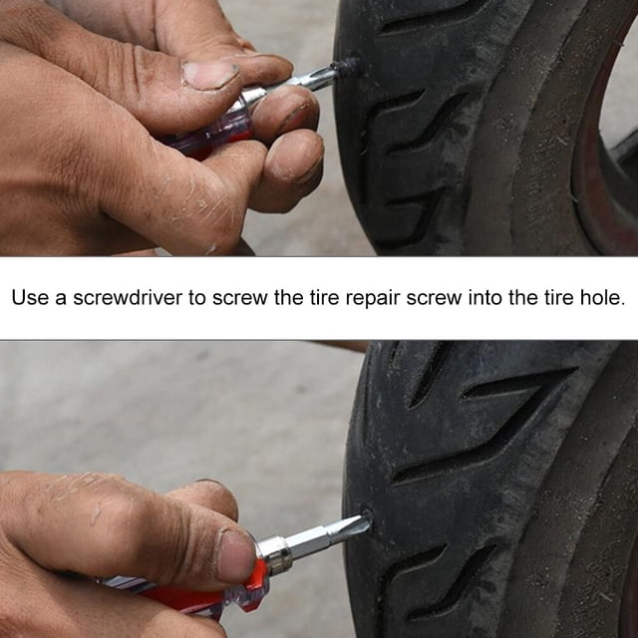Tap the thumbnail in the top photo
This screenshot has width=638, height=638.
click(x=209, y=74)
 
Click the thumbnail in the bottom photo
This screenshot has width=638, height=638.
click(x=237, y=556)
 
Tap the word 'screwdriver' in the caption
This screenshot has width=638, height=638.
click(x=128, y=298)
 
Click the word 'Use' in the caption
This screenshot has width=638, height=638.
click(x=30, y=298)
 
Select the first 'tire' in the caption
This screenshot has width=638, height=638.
click(x=325, y=298)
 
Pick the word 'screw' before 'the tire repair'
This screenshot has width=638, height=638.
click(x=239, y=298)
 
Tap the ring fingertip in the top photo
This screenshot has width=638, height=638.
click(x=292, y=110)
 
